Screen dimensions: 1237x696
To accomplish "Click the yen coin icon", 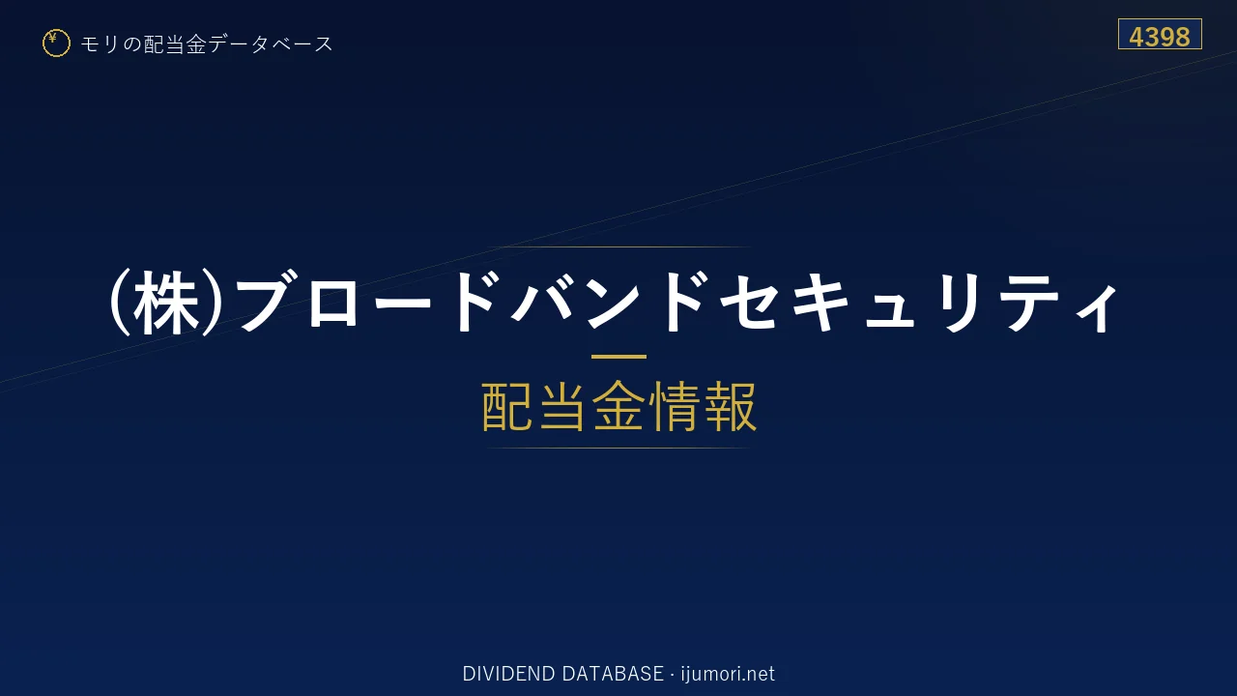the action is pyautogui.click(x=56, y=43).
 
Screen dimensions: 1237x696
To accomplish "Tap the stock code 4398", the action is pyautogui.click(x=1160, y=37).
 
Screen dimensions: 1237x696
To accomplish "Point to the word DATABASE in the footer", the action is pyautogui.click(x=613, y=674).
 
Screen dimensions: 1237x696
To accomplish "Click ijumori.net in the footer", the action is pyautogui.click(x=728, y=674).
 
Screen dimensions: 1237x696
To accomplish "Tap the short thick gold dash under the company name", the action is pyautogui.click(x=618, y=357).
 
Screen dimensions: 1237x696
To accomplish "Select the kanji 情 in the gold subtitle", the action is pyautogui.click(x=675, y=406).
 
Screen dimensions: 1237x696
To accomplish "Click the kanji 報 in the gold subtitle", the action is pyautogui.click(x=730, y=406).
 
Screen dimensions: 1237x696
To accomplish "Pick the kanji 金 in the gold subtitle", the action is pyautogui.click(x=618, y=406).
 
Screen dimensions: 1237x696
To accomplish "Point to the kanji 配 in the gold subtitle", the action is pyautogui.click(x=507, y=406).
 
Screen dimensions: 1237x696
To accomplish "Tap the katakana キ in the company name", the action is pyautogui.click(x=821, y=303).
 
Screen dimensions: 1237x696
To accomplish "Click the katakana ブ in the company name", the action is pyautogui.click(x=269, y=302).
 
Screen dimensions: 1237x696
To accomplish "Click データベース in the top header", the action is pyautogui.click(x=271, y=43).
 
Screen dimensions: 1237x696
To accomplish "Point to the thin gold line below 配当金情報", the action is pyautogui.click(x=618, y=448).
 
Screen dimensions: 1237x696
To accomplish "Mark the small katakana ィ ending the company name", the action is pyautogui.click(x=1096, y=308).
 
